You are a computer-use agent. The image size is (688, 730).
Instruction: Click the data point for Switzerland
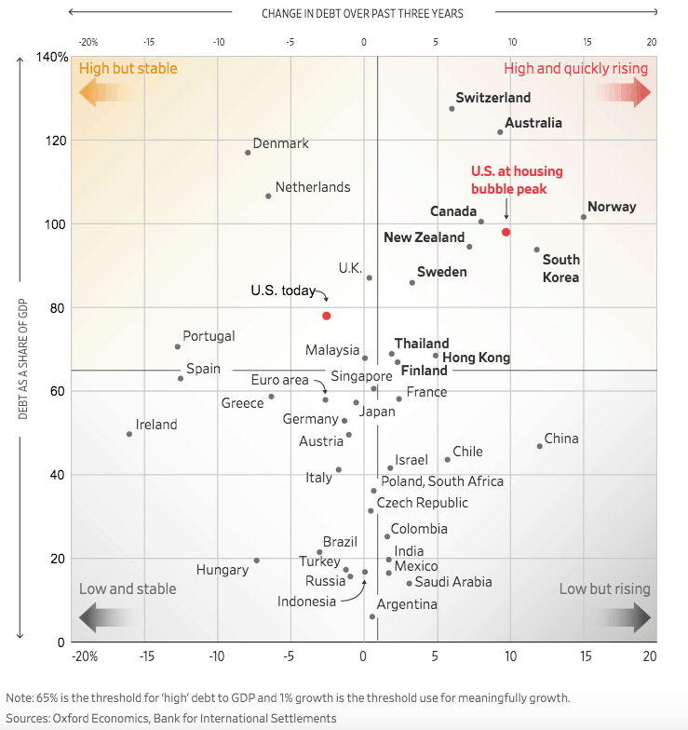click(452, 109)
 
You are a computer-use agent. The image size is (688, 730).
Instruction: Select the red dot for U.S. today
click(327, 316)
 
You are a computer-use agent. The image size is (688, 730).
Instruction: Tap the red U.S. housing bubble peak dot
click(506, 232)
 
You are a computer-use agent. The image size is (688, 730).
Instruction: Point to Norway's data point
click(584, 217)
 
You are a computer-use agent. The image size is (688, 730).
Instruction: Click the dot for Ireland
click(129, 434)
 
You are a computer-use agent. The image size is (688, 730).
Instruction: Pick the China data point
click(539, 446)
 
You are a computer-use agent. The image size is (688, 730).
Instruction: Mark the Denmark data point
click(248, 153)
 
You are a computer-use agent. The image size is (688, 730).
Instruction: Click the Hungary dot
click(257, 561)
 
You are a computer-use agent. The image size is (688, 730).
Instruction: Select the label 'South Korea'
click(560, 268)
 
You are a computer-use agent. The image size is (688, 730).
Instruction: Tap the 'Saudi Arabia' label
click(453, 582)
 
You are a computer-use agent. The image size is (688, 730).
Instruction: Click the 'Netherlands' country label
click(313, 187)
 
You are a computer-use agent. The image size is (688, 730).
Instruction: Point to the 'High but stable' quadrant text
click(128, 68)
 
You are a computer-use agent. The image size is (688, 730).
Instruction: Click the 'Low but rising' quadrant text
click(605, 588)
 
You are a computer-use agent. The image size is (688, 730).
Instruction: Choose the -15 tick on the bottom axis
click(148, 656)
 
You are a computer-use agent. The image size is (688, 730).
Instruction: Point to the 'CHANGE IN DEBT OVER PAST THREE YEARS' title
click(362, 13)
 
